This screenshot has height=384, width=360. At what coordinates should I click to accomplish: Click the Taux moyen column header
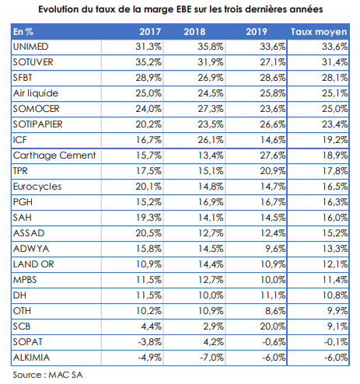coord(319,32)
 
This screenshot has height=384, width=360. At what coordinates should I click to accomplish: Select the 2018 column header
coord(194,32)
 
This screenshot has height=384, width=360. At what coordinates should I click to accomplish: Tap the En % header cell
coord(23,32)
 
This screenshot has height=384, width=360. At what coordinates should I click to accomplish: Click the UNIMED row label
coord(30,47)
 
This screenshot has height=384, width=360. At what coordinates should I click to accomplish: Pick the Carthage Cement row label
coord(54,155)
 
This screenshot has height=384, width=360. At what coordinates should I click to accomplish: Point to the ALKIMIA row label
coord(31,358)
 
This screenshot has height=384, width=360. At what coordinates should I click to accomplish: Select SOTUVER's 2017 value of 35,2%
coord(149,62)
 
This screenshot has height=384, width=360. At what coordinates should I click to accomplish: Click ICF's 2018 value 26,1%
coord(211,140)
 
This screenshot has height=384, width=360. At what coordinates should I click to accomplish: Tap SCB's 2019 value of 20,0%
coord(273,326)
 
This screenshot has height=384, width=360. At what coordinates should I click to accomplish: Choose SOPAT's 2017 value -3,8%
coord(149,342)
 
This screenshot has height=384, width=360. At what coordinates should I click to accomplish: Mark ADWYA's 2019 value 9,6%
coord(275,249)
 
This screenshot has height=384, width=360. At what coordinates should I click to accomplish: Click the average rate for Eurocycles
coord(335,187)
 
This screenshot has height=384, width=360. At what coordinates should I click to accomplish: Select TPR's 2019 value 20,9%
coord(273,171)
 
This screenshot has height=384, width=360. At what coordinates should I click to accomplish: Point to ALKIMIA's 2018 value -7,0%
coord(211,358)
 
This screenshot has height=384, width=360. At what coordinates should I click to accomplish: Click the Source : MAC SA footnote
coord(47,375)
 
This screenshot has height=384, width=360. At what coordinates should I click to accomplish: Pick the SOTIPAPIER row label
coord(38,124)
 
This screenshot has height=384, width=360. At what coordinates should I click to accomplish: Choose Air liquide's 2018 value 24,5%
coord(211,93)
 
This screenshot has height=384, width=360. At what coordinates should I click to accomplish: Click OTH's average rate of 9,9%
coord(337,311)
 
